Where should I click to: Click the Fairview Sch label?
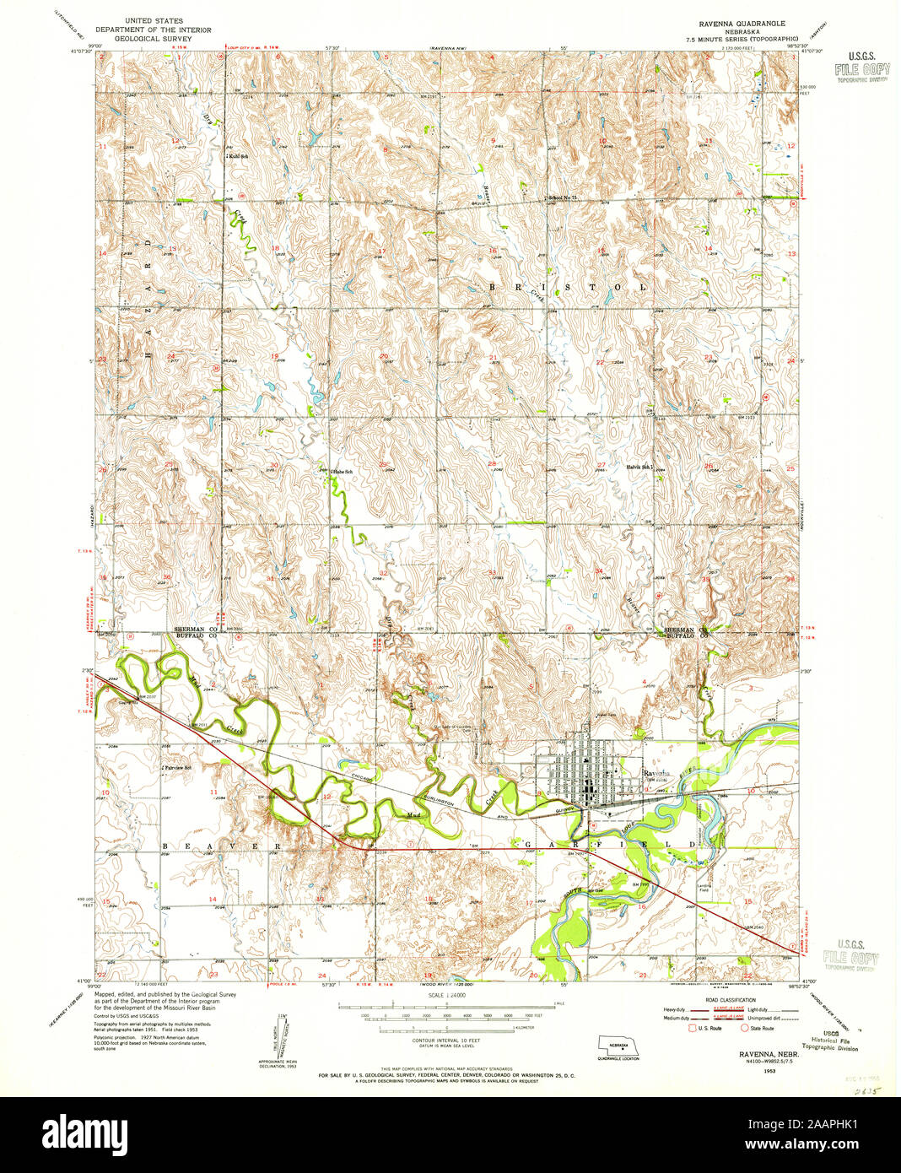tap(179, 768)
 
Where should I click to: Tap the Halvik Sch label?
tap(638, 467)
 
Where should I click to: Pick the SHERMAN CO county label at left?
tap(196, 630)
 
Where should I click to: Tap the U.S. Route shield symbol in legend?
tap(693, 1028)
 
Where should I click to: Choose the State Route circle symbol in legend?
tap(743, 1028)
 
